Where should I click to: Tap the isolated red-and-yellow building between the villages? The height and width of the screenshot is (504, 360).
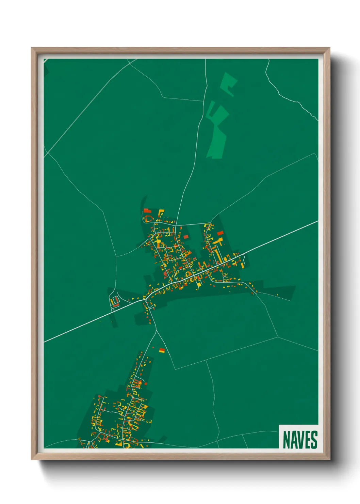(x=162, y=350)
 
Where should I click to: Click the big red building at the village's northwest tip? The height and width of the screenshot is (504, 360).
(x=147, y=211)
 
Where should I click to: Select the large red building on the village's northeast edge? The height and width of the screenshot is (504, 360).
(x=220, y=233)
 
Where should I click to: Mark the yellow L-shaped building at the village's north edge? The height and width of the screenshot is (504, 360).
(x=161, y=213)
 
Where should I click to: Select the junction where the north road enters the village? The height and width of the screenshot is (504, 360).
(x=176, y=225)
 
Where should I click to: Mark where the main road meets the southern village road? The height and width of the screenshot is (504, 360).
(x=145, y=300)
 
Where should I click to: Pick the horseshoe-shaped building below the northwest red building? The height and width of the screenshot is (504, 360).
(x=148, y=218)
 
